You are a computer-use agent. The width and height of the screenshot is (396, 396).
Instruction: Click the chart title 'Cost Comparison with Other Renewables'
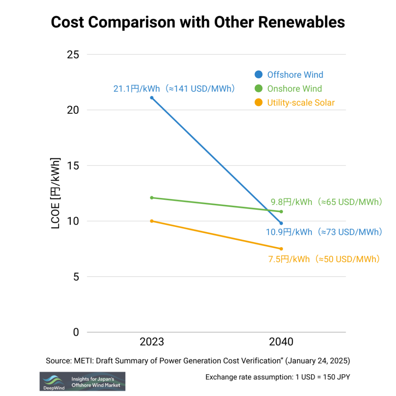[x=198, y=22]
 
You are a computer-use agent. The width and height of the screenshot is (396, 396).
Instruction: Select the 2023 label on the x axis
[x=152, y=342]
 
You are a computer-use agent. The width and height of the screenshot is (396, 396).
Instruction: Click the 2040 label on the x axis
[x=281, y=342]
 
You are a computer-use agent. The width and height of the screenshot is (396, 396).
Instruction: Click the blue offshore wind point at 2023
[x=152, y=98]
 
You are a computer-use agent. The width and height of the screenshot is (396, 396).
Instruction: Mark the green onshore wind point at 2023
[x=152, y=198]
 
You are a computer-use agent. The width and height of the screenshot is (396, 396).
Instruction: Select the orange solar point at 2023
[x=152, y=221]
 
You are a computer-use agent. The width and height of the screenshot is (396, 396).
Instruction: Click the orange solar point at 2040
[x=281, y=249]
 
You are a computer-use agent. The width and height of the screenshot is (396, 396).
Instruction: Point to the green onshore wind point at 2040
[x=281, y=212]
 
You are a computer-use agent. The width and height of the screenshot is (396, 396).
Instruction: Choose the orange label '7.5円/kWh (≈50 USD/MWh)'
[x=324, y=259]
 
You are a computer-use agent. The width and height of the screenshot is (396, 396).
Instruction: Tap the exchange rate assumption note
[x=278, y=377]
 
